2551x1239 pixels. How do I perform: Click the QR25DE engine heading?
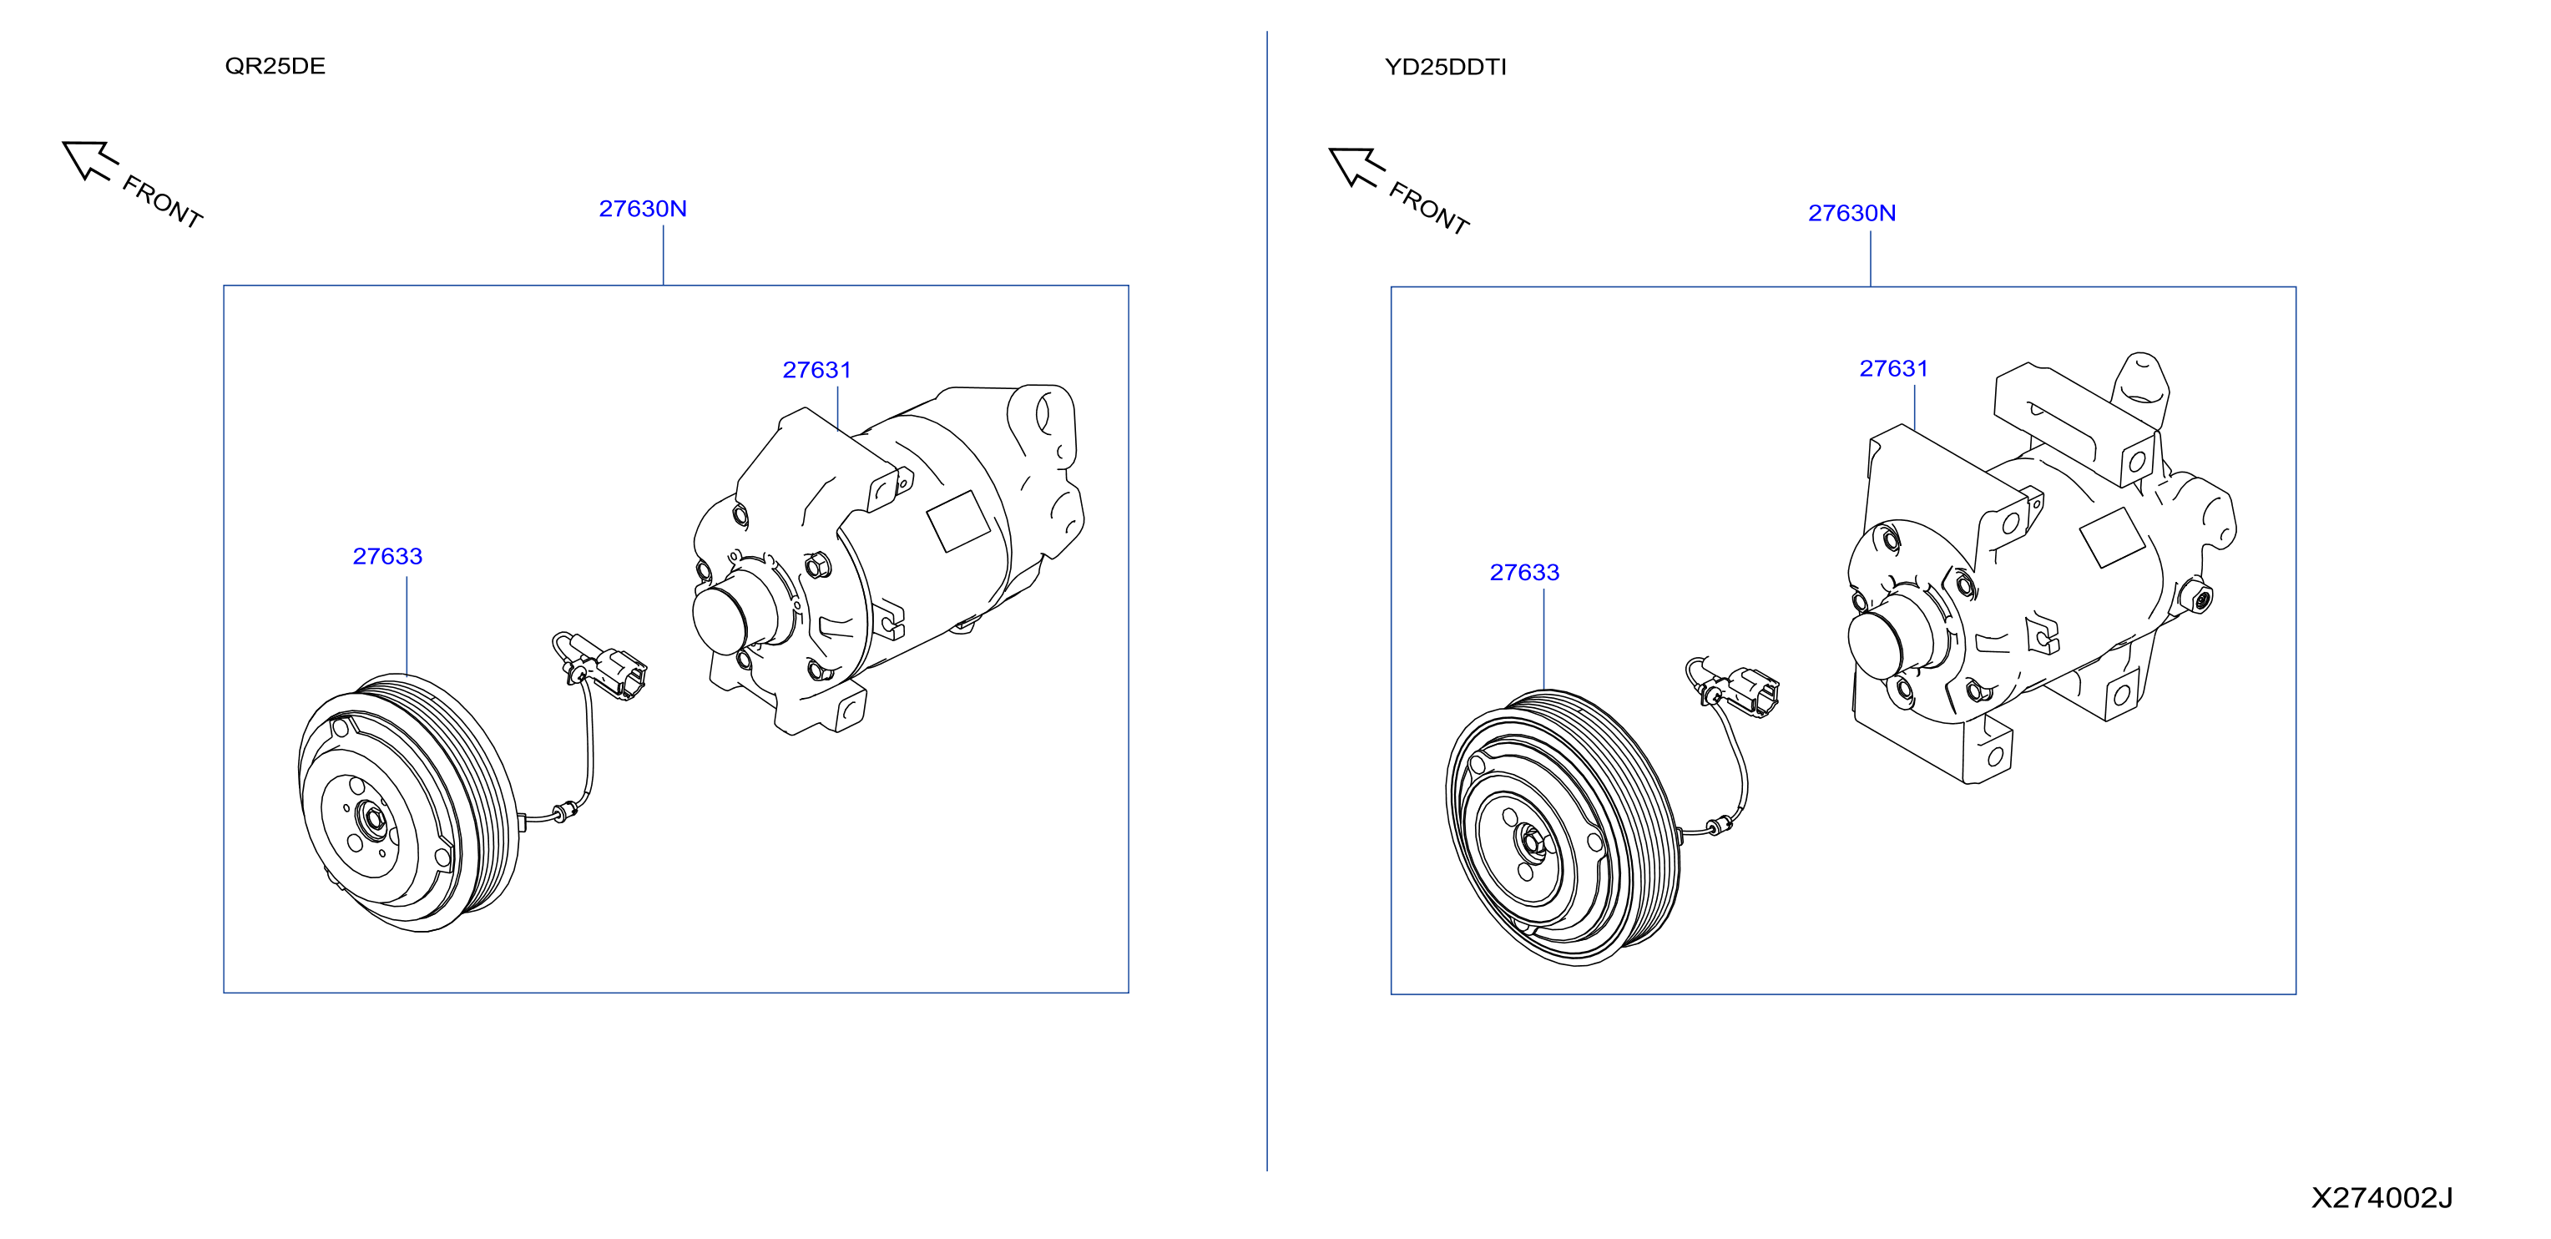pos(275,66)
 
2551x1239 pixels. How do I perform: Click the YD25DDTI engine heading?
pos(1445,68)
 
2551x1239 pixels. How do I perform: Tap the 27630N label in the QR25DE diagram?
pos(643,209)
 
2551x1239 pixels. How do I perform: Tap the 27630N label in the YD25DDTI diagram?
pos(1851,213)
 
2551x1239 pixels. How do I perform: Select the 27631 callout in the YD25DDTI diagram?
pos(1893,368)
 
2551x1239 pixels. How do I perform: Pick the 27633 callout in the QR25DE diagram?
pos(387,557)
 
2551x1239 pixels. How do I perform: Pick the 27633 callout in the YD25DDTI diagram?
pos(1524,573)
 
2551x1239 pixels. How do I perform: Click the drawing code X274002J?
pos(2382,1198)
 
